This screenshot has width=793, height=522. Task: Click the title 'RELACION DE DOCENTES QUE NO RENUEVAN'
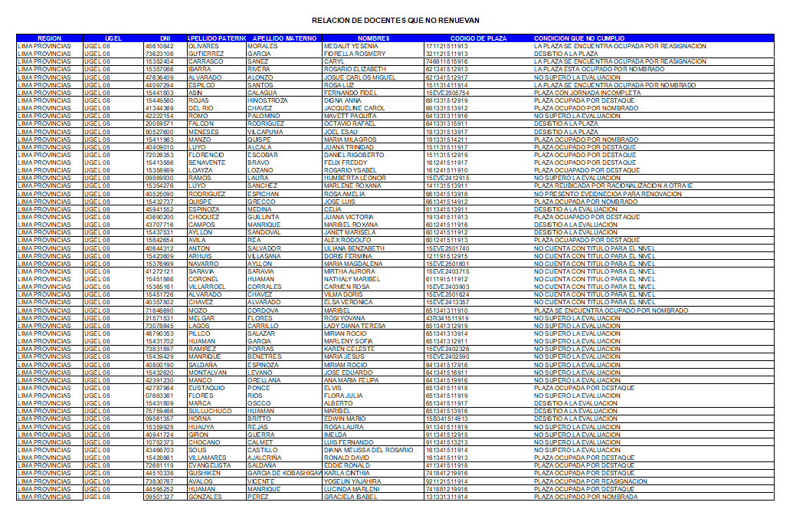pyautogui.click(x=395, y=20)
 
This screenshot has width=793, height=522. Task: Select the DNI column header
pyautogui.click(x=165, y=38)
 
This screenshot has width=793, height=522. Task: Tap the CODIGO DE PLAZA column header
pyautogui.click(x=478, y=38)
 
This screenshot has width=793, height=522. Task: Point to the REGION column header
pyautogui.click(x=49, y=38)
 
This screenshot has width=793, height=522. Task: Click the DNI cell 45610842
pyautogui.click(x=159, y=46)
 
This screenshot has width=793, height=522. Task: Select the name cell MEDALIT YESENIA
pyautogui.click(x=351, y=46)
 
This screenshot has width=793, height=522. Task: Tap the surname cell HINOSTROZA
pyautogui.click(x=267, y=100)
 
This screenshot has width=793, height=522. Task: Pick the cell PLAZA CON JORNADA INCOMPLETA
pyautogui.click(x=587, y=93)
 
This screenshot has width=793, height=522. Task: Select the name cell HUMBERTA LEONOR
pyautogui.click(x=355, y=178)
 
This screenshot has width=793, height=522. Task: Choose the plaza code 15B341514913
pyautogui.click(x=447, y=419)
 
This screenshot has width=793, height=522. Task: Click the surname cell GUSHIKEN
pyautogui.click(x=205, y=473)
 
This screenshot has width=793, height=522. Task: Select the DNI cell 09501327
pyautogui.click(x=159, y=497)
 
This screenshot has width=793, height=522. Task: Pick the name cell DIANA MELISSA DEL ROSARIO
pyautogui.click(x=369, y=450)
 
